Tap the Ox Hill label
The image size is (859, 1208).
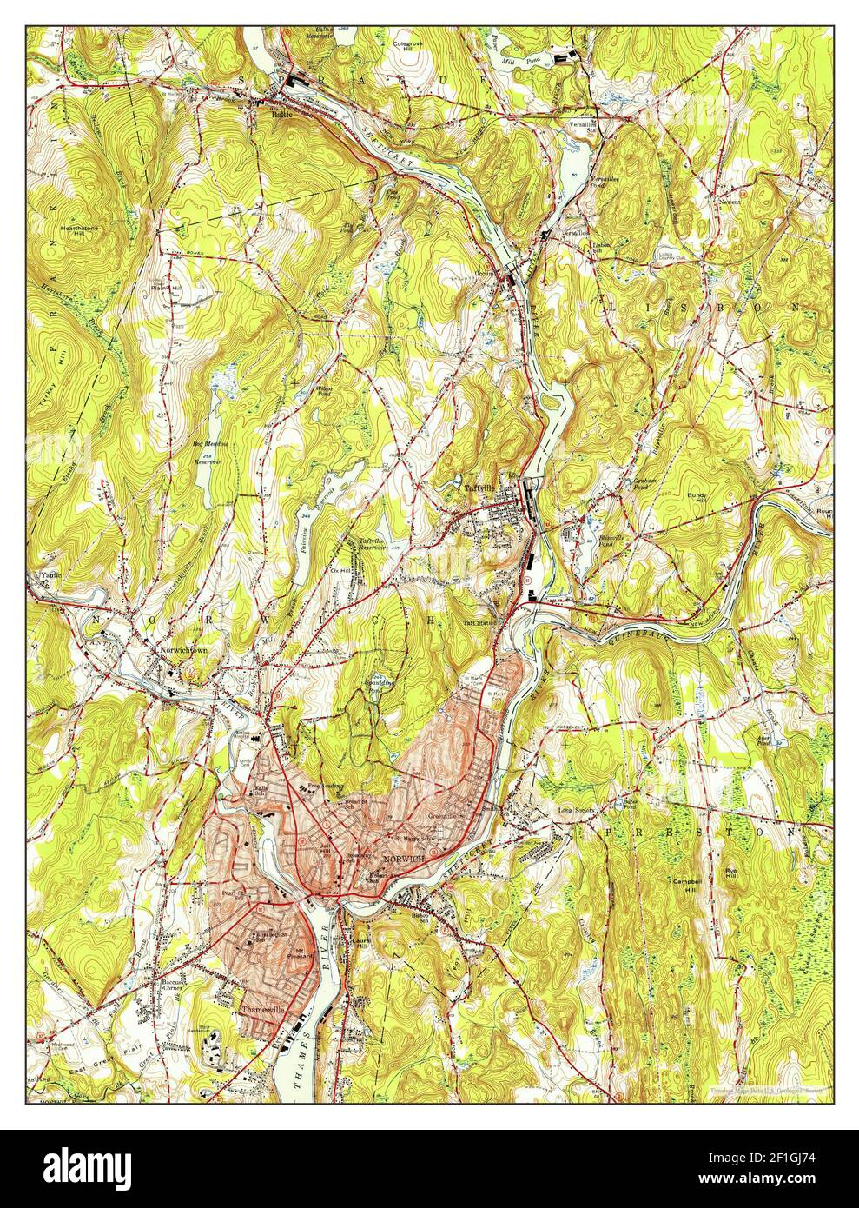click(x=339, y=571)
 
